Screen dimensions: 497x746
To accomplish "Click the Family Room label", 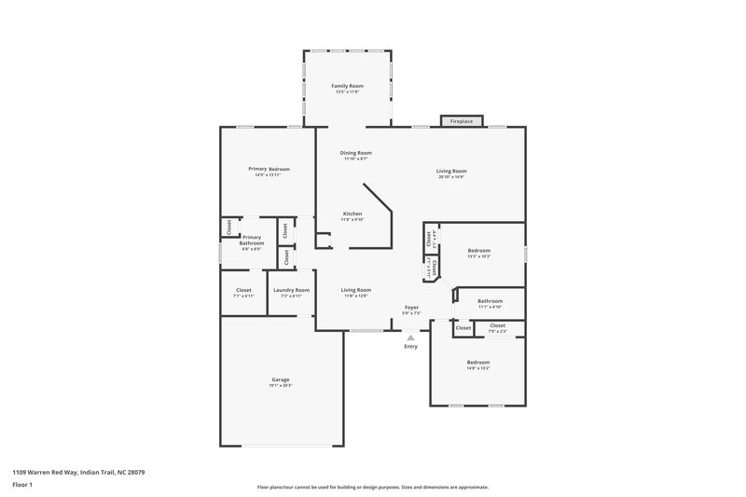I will [347, 86].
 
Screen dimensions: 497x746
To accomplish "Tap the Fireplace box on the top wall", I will [461, 121].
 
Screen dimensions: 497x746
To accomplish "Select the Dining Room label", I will [355, 153].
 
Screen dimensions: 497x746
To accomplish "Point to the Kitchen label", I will [352, 214].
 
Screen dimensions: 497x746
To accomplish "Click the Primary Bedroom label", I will [269, 169].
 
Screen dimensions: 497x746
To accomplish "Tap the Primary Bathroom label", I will [252, 241].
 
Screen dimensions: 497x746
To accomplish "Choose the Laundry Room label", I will [291, 290].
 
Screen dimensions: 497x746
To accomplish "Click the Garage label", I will [280, 380].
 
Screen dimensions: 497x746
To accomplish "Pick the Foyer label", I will [411, 307].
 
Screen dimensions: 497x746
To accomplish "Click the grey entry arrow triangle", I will [410, 338].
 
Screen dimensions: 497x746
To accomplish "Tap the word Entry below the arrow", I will [410, 347].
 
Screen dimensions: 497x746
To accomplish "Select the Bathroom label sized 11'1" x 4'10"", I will [490, 301].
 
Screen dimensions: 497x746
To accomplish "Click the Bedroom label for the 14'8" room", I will [477, 362].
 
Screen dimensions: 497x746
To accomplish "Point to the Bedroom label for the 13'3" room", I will [478, 251].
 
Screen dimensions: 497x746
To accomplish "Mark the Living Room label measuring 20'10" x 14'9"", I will [451, 171].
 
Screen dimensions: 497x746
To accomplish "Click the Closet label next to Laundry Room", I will [242, 290].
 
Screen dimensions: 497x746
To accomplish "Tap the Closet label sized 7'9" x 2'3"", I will [497, 325].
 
